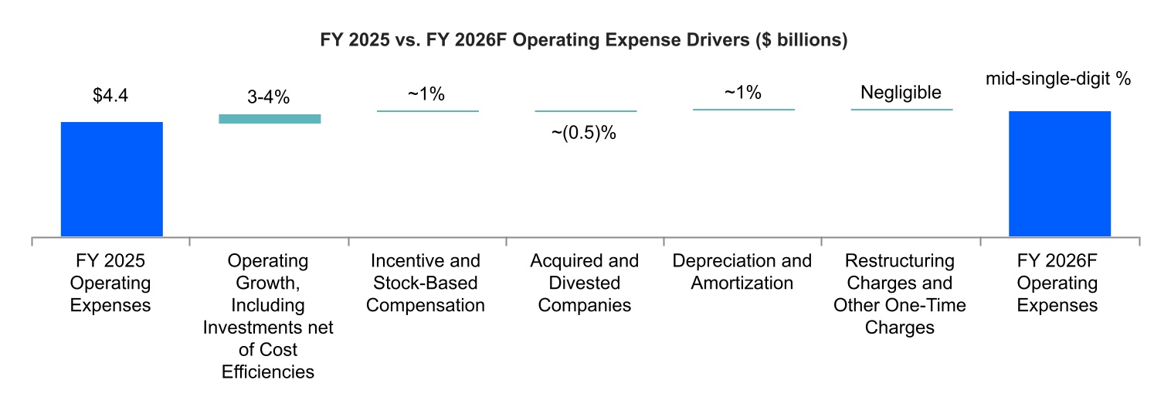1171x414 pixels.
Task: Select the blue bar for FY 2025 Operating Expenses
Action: pyautogui.click(x=111, y=179)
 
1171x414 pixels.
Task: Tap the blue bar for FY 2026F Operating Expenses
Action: pyautogui.click(x=1060, y=174)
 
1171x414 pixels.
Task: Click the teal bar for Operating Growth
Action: pyautogui.click(x=270, y=118)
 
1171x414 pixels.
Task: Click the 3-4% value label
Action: pyautogui.click(x=269, y=97)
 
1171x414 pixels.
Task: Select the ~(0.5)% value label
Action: pyautogui.click(x=584, y=132)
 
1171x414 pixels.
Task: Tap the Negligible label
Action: pyautogui.click(x=901, y=93)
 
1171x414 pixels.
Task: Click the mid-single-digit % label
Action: pyautogui.click(x=1058, y=80)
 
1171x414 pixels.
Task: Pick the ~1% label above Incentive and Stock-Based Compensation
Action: pyautogui.click(x=426, y=94)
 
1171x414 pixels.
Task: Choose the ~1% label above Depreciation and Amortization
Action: pyautogui.click(x=742, y=93)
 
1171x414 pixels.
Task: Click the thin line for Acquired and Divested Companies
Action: pyautogui.click(x=585, y=111)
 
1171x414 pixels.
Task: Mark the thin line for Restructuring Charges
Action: pyautogui.click(x=901, y=110)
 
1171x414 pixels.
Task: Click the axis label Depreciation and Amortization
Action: pyautogui.click(x=742, y=272)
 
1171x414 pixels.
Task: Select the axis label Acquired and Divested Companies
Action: pyautogui.click(x=585, y=283)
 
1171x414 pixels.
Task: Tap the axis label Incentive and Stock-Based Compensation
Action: pyautogui.click(x=426, y=283)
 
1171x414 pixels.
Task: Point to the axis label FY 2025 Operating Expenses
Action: pyautogui.click(x=110, y=283)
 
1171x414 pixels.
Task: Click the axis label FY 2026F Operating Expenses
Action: pyautogui.click(x=1057, y=283)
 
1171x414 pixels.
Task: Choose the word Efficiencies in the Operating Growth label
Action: pyautogui.click(x=268, y=372)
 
